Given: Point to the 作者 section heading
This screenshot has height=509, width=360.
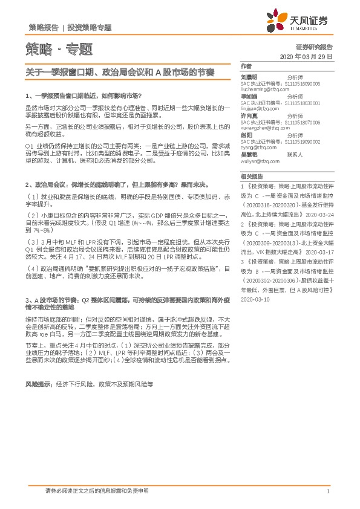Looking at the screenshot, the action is click(x=245, y=65).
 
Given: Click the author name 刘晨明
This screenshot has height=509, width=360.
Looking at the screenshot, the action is click(x=249, y=77).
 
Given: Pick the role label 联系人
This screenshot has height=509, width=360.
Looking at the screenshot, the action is click(x=295, y=155).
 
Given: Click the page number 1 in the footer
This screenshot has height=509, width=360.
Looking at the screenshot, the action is click(x=327, y=492).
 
